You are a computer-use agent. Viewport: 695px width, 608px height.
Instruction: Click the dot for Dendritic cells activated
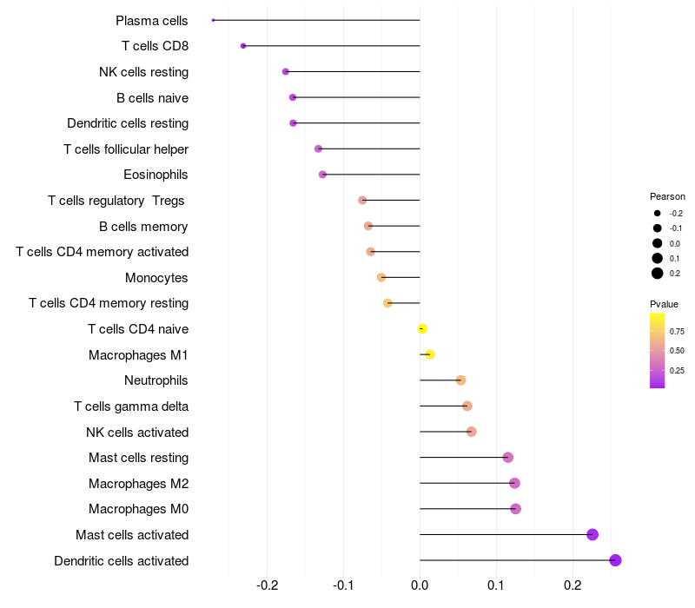pos(615,560)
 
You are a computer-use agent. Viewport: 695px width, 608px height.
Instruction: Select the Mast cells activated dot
pos(592,534)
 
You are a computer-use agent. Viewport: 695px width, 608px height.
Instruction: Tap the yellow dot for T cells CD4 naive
pos(422,328)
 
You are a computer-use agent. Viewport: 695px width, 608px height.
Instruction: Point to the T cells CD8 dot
pos(243,46)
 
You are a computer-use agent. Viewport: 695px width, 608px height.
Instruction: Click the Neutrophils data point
pos(460,380)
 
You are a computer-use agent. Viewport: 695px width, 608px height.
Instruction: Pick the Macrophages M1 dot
pos(429,354)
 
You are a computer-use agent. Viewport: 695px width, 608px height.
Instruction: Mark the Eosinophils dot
pos(322,175)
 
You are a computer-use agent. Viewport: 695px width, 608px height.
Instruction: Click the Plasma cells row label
pos(152,20)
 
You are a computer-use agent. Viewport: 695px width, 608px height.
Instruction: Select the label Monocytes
pos(156,278)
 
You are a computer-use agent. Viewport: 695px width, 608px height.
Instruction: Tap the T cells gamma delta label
pos(131,406)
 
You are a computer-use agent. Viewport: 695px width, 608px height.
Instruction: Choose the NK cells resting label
pos(143,71)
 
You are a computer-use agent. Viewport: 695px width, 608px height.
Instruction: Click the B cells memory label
pos(143,227)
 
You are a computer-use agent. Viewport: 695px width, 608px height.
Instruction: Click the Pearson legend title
pos(667,196)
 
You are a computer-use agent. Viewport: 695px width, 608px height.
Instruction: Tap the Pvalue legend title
pos(664,304)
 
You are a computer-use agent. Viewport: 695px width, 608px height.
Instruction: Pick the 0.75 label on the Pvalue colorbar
pos(677,331)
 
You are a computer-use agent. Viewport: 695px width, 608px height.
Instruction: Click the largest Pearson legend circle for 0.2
pos(658,274)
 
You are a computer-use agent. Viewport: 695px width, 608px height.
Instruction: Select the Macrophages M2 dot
pos(514,483)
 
